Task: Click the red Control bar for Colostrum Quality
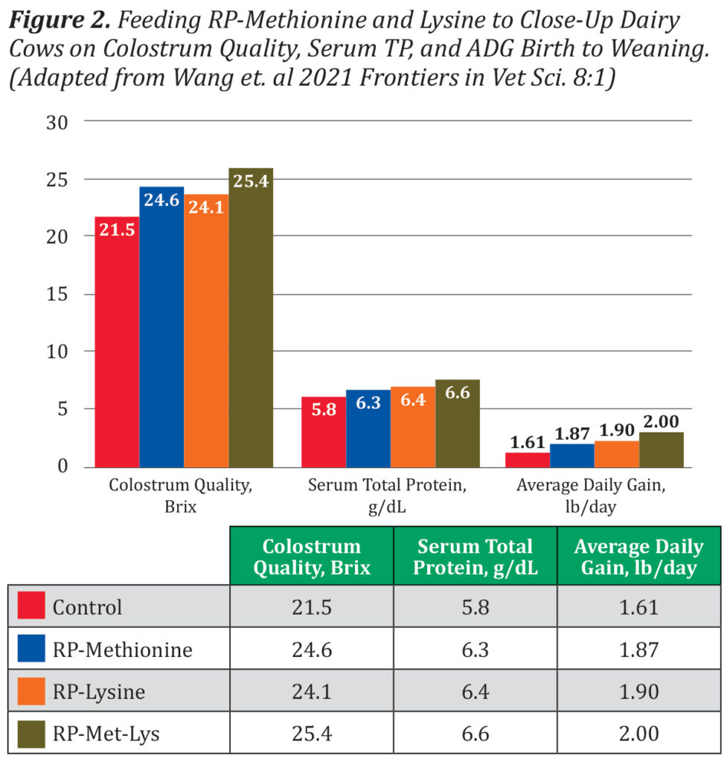pyautogui.click(x=117, y=342)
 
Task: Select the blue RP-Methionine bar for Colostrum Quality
pyautogui.click(x=161, y=327)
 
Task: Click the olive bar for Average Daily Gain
pyautogui.click(x=661, y=449)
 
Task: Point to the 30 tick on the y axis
pyautogui.click(x=57, y=122)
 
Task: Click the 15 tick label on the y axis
pyautogui.click(x=57, y=294)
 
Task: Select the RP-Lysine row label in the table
pyautogui.click(x=98, y=692)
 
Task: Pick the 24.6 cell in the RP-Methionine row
pyautogui.click(x=311, y=650)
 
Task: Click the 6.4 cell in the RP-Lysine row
pyautogui.click(x=475, y=692)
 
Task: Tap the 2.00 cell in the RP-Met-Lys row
pyautogui.click(x=638, y=734)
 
